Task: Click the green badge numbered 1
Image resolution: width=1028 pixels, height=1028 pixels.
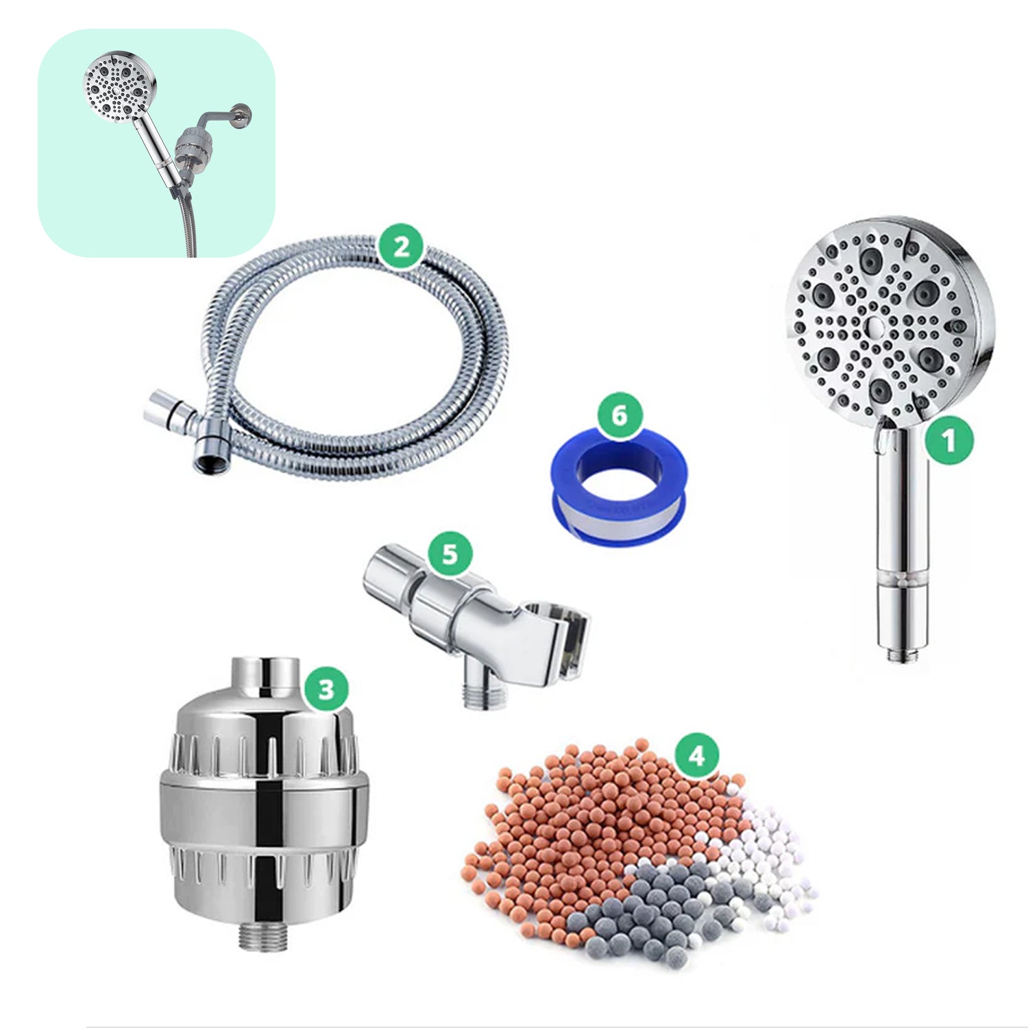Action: [949, 441]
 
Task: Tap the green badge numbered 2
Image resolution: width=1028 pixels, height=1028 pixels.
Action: [402, 246]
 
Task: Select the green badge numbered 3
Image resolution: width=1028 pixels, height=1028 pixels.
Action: [326, 688]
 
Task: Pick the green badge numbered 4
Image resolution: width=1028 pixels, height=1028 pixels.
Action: [696, 756]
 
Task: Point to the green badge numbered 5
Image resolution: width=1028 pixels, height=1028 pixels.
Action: [450, 553]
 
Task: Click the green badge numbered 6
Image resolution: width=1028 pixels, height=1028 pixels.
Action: [619, 415]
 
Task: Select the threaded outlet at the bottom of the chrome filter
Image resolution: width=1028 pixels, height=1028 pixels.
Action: [262, 935]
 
